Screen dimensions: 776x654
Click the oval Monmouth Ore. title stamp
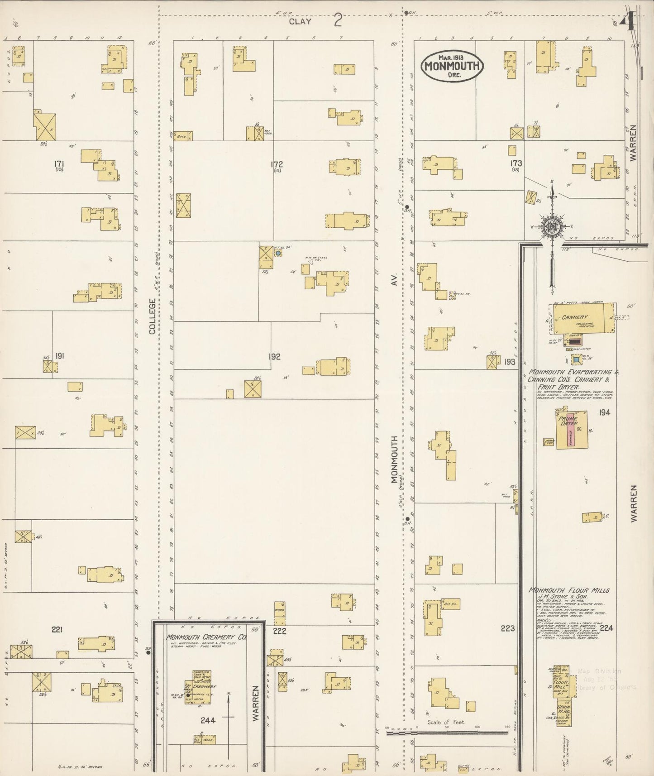(x=452, y=66)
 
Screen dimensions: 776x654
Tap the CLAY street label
(x=300, y=21)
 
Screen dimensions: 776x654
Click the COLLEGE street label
(x=153, y=316)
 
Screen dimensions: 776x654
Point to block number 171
(x=59, y=164)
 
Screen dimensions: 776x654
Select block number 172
(x=277, y=164)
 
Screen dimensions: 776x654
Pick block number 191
(x=59, y=356)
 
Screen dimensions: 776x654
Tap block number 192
(x=274, y=356)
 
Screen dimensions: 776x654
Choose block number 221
(x=57, y=629)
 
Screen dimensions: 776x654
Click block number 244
(x=208, y=720)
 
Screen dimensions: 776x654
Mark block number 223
(x=508, y=628)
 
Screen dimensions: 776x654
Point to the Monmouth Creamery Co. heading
(x=206, y=637)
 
